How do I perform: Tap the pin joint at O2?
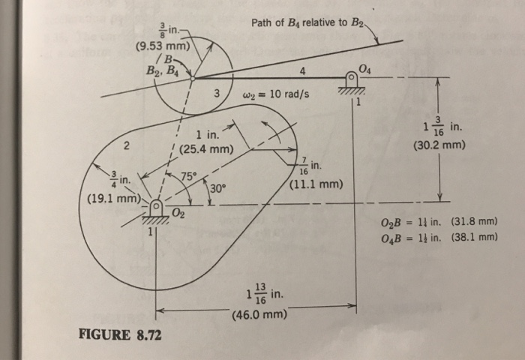[x=156, y=205]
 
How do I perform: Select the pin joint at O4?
[x=351, y=78]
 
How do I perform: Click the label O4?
[x=364, y=69]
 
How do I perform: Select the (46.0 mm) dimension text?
[x=259, y=313]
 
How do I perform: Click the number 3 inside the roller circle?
[x=215, y=94]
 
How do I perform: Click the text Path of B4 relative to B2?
[x=308, y=22]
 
